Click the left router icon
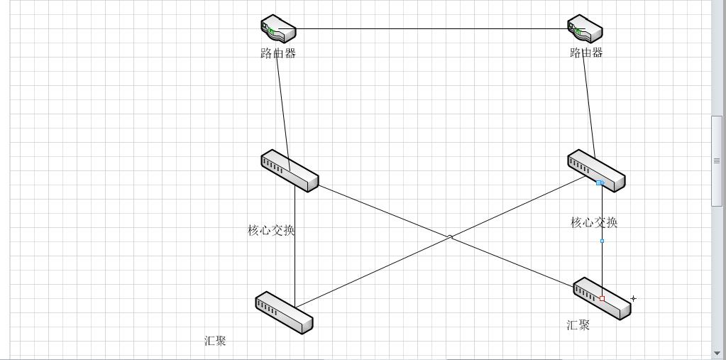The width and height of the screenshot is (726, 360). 277,29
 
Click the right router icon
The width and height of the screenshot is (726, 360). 585,29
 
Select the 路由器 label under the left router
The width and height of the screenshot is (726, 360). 277,53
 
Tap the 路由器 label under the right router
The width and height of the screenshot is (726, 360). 586,53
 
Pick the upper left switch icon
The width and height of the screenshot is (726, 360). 289,170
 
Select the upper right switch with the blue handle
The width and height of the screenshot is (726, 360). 596,170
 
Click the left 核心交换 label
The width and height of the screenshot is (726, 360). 271,230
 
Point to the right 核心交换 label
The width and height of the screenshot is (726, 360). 594,223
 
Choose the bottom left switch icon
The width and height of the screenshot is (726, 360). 284,312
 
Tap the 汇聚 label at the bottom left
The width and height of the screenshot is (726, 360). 215,341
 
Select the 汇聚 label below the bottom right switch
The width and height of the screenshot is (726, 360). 578,325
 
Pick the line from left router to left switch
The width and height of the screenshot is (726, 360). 282,107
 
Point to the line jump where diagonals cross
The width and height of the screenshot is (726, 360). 450,237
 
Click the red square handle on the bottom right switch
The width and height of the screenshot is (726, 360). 603,299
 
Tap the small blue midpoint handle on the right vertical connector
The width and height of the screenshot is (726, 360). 603,241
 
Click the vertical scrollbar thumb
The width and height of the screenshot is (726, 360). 716,160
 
